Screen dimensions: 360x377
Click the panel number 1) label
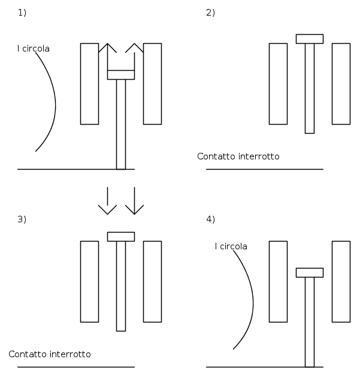[22, 13]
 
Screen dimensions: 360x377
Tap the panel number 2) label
[210, 13]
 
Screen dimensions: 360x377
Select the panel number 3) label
[22, 219]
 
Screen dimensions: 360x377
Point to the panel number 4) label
[210, 219]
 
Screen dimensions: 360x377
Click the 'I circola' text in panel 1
[34, 49]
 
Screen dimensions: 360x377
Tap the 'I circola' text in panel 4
[231, 246]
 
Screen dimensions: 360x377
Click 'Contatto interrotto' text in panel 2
[238, 156]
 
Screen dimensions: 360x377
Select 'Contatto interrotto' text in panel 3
[50, 354]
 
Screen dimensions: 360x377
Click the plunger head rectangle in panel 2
[310, 39]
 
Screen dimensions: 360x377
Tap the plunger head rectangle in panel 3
[121, 237]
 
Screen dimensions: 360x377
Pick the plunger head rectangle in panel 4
[310, 273]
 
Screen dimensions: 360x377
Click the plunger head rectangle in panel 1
[121, 75]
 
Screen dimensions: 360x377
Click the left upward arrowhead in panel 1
[107, 44]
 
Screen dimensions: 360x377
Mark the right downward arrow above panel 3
[134, 201]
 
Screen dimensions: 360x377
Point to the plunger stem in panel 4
[310, 322]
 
